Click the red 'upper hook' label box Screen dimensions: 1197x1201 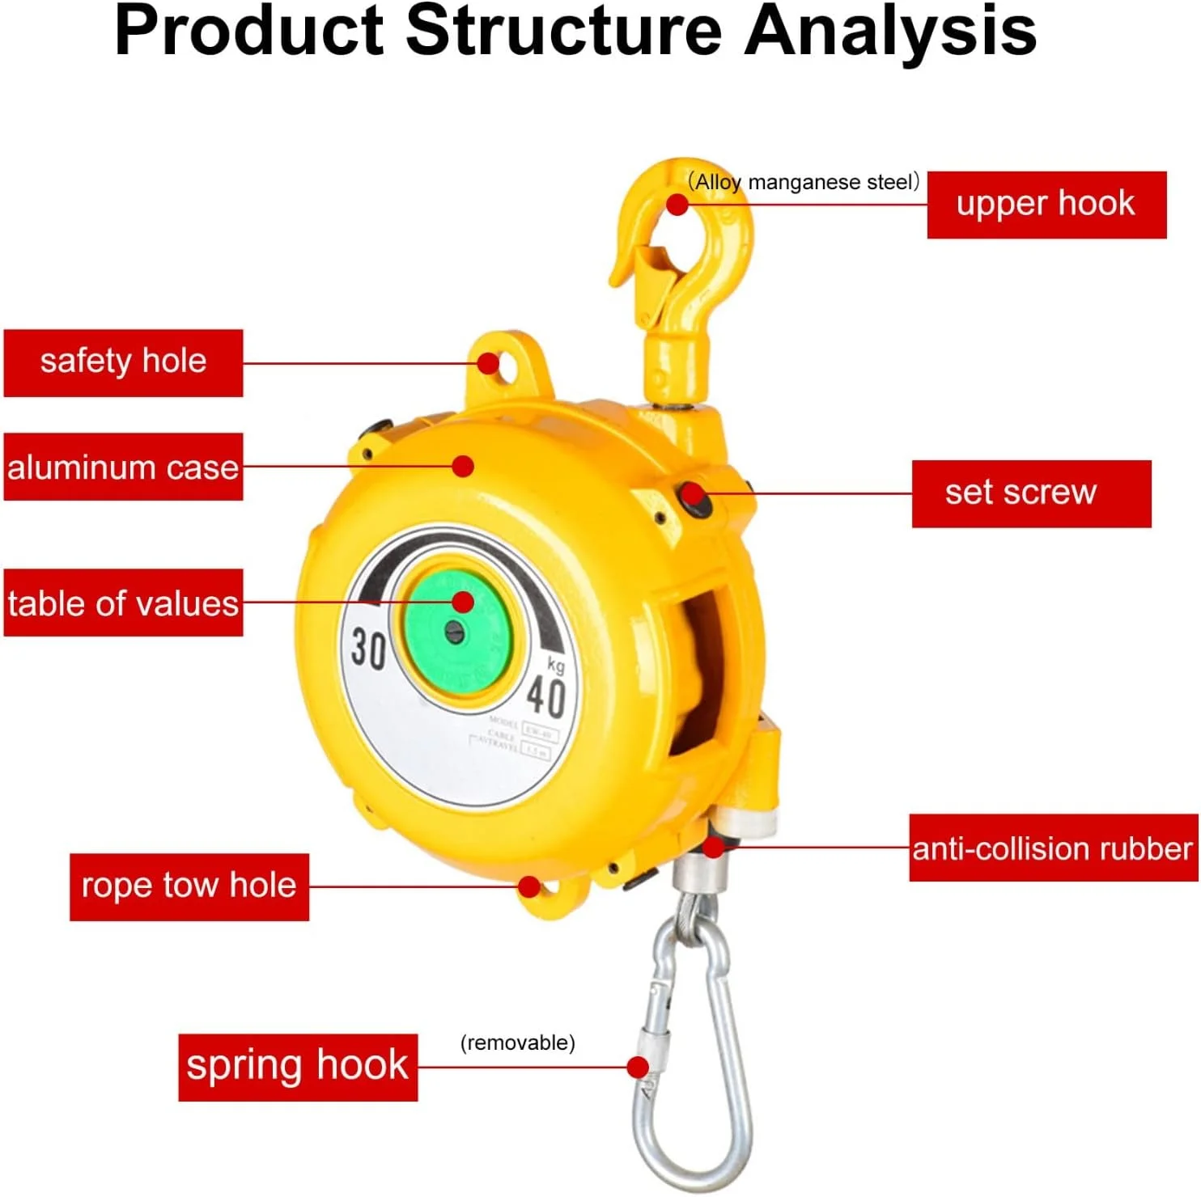pyautogui.click(x=1046, y=205)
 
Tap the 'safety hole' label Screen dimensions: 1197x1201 pyautogui.click(x=123, y=362)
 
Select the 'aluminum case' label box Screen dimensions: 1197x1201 pyautogui.click(x=123, y=467)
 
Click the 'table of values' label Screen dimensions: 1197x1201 pyautogui.click(x=123, y=603)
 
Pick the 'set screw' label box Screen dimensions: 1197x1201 pyautogui.click(x=1030, y=493)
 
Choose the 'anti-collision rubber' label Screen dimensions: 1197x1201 pyautogui.click(x=1052, y=848)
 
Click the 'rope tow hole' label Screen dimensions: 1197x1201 pyautogui.click(x=189, y=886)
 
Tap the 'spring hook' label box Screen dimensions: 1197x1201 pyautogui.click(x=297, y=1066)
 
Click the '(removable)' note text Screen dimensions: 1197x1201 pyautogui.click(x=517, y=1043)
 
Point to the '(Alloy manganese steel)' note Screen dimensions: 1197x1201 pyautogui.click(x=803, y=182)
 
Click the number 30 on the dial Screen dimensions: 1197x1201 pyautogui.click(x=368, y=648)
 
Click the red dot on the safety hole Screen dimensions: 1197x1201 pyautogui.click(x=488, y=363)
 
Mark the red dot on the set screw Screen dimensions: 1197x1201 pyautogui.click(x=692, y=493)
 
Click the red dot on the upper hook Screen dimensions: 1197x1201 pyautogui.click(x=677, y=205)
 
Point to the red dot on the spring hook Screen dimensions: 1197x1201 pyautogui.click(x=638, y=1067)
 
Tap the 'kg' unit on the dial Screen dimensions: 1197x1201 pyautogui.click(x=555, y=665)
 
